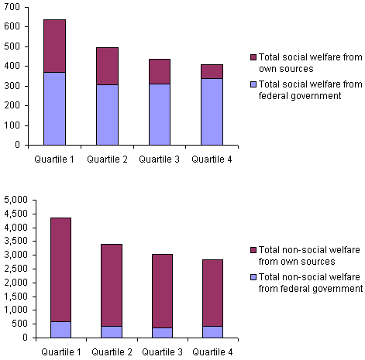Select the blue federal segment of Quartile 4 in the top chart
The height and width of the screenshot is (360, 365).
click(212, 111)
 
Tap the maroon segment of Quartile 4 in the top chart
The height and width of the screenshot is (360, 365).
click(212, 71)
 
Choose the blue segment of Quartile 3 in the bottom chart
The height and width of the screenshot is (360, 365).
click(163, 332)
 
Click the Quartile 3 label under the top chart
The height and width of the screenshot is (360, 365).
click(160, 159)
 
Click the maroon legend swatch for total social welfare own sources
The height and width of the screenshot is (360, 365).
click(253, 58)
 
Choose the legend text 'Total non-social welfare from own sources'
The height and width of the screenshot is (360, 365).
click(305, 256)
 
